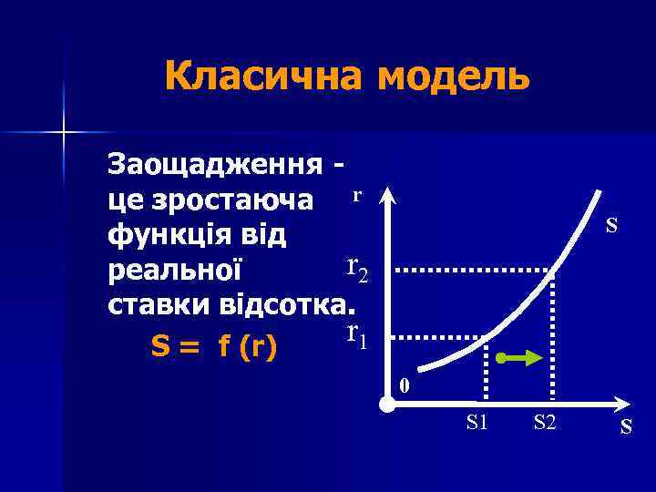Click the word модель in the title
[x=453, y=77]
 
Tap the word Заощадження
[x=215, y=166]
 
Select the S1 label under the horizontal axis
[x=477, y=421]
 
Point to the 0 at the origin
[x=405, y=386]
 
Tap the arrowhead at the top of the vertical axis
[x=387, y=196]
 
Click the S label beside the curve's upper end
[x=612, y=224]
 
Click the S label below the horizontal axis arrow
[x=626, y=425]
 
